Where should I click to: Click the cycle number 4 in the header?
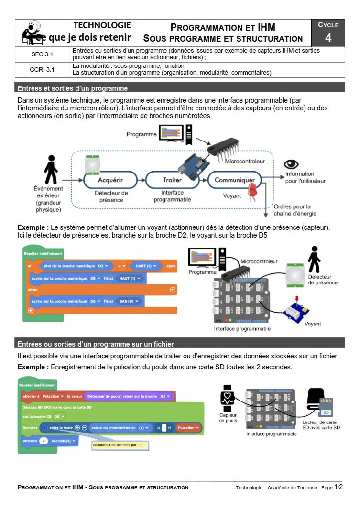(x=328, y=38)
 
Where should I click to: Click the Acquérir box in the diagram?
(x=111, y=180)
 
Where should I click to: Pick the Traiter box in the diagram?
(x=172, y=180)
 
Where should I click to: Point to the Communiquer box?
(x=234, y=180)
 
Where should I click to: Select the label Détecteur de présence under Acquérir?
(x=111, y=196)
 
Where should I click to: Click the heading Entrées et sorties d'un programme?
(x=73, y=88)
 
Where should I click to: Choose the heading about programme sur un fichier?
(x=96, y=344)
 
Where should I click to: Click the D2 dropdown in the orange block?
(x=103, y=265)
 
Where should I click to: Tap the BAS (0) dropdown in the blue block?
(x=130, y=301)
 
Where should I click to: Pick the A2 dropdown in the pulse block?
(x=165, y=396)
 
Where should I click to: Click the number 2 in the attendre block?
(x=43, y=440)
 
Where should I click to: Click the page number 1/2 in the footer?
(x=339, y=487)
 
